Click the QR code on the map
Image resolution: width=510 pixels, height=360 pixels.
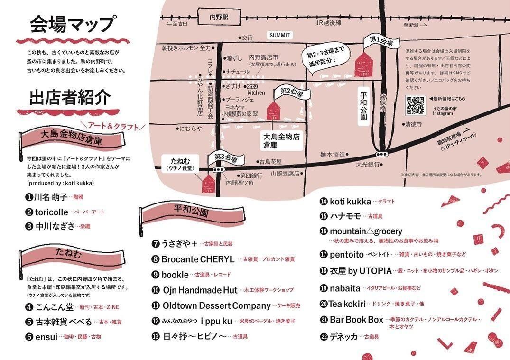point(415,104)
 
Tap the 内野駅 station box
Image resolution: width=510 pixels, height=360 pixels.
point(219,16)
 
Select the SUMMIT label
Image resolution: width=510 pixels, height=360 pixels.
point(279,35)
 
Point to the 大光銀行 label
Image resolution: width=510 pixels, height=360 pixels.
point(369,164)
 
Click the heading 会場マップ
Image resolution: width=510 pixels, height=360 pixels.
point(72,24)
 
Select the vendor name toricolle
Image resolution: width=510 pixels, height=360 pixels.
point(52,212)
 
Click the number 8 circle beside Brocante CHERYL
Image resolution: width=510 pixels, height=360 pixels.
point(155,259)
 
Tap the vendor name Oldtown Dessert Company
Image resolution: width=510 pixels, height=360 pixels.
point(216,305)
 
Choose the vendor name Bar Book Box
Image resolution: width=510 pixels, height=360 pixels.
point(356,320)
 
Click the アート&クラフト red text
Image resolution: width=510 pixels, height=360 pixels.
point(113,127)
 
